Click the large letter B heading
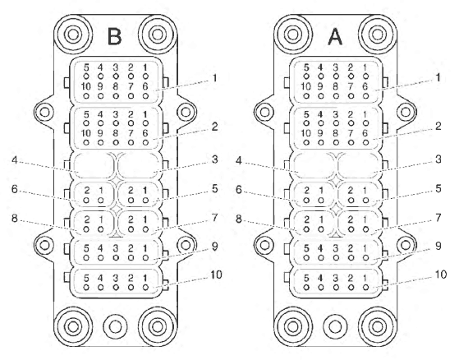coord(114,37)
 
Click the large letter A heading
coord(335,37)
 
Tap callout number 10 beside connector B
coord(216,275)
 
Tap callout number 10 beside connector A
coord(441,275)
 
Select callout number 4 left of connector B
coord(15,160)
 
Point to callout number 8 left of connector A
coord(239,219)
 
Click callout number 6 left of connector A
coord(239,190)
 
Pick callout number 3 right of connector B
coord(215,159)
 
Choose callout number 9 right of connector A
coord(438,246)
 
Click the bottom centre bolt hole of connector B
coord(115,326)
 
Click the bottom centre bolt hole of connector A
coord(335,326)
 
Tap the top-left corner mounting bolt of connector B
coord(72,35)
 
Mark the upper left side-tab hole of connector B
coord(44,112)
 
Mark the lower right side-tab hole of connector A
coord(406,245)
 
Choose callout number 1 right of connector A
coord(438,78)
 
